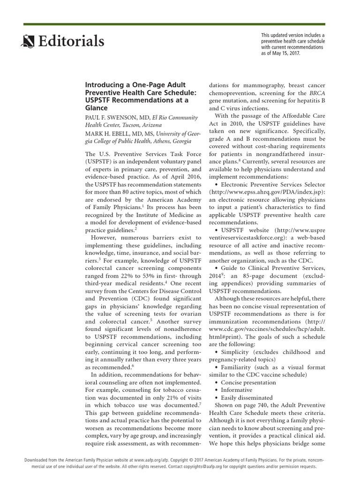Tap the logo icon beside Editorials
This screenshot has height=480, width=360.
pyautogui.click(x=28, y=43)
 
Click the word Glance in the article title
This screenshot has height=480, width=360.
pyautogui.click(x=96, y=108)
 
